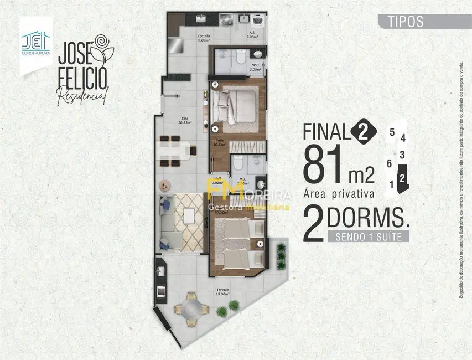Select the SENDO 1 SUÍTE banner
(368, 237)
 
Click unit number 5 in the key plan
(392, 132)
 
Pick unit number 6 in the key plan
(390, 163)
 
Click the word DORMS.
(368, 218)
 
